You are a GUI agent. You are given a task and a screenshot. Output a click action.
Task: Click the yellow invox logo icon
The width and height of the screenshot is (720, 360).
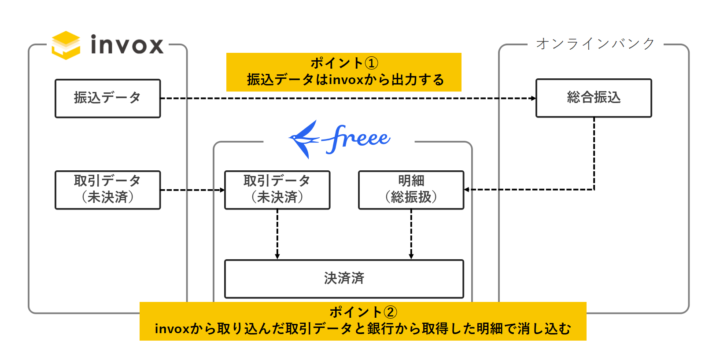pos(66,44)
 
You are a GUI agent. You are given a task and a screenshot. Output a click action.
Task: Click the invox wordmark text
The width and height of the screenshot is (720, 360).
pos(128,44)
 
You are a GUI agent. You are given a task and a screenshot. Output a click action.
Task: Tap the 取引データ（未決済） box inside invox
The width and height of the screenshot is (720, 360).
pos(107,189)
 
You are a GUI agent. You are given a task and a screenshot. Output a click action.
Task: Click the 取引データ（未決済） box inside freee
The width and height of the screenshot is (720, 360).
pos(276,189)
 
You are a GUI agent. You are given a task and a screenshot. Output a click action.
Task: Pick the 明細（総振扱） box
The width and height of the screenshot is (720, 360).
pos(411,189)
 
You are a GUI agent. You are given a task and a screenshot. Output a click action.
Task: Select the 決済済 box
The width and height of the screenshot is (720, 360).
pos(344,273)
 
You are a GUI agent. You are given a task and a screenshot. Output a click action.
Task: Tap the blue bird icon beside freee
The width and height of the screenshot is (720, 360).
pos(306,135)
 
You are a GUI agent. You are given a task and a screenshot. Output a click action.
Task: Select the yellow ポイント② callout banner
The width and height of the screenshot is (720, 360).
pos(362,320)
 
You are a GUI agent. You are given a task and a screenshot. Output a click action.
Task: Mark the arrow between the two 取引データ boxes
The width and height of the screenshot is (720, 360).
pos(190,189)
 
